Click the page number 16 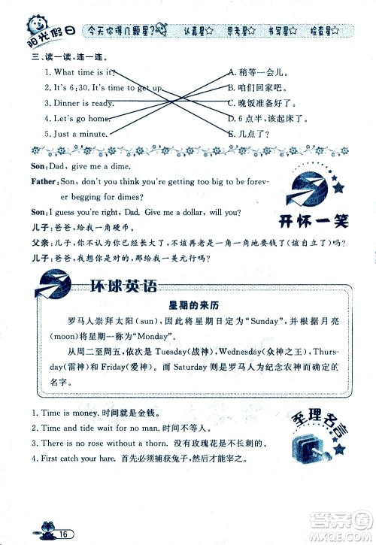[66, 534]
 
